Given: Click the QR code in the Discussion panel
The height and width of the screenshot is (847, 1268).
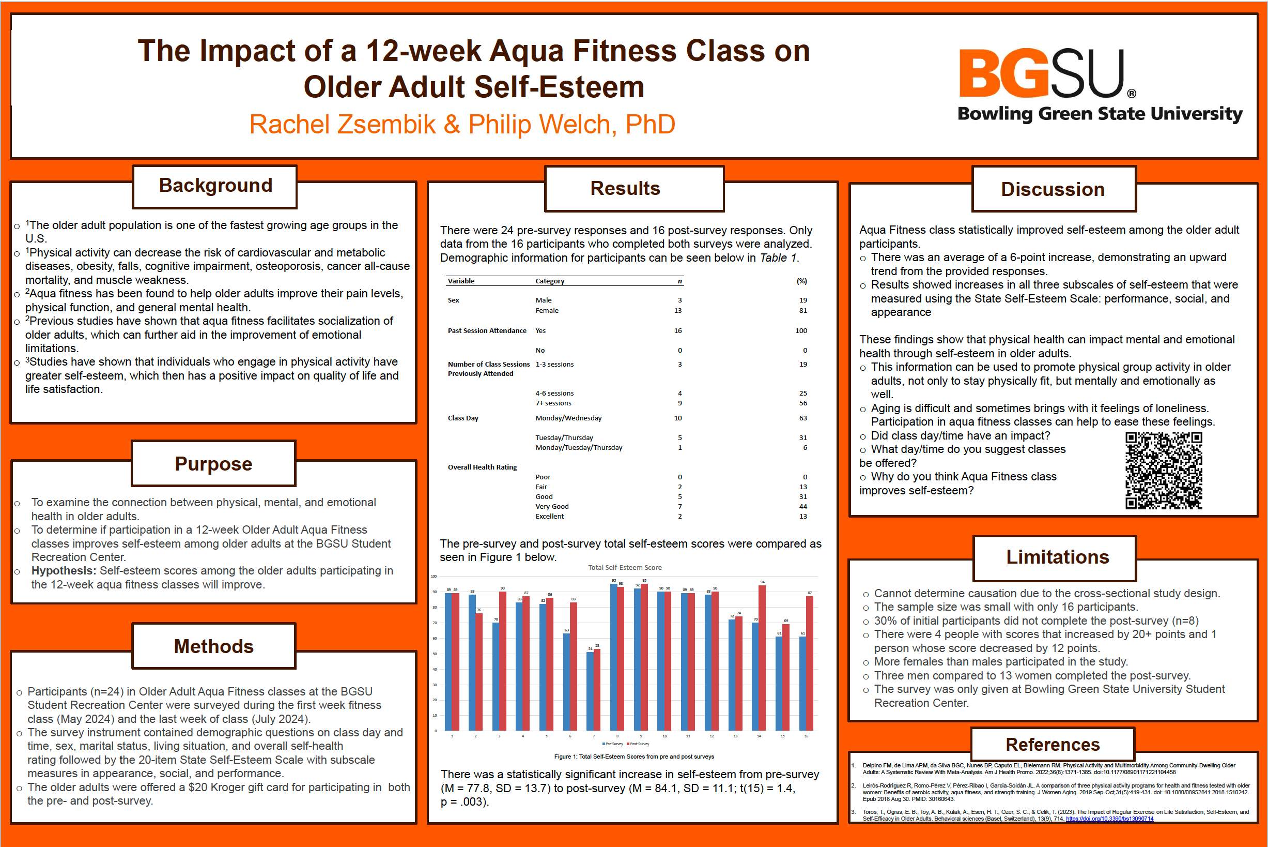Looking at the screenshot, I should point(1163,471).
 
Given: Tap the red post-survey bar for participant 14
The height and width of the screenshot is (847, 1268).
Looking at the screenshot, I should point(762,658).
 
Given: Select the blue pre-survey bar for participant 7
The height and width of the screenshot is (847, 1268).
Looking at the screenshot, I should point(590,691).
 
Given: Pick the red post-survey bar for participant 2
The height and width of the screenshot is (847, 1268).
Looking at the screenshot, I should point(479,671).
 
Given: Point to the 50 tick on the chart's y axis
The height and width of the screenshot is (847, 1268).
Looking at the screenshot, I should point(435,654).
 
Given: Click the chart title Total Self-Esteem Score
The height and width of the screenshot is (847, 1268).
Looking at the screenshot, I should point(625,567).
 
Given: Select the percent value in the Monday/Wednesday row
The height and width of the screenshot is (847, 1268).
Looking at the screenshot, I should point(802,418).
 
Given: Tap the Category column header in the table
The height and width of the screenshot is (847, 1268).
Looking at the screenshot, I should point(550,281).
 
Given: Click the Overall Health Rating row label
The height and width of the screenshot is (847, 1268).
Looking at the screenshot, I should point(482,467).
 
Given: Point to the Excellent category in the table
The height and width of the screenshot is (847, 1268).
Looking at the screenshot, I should point(550,517).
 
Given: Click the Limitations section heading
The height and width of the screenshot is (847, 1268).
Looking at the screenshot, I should point(1057,557).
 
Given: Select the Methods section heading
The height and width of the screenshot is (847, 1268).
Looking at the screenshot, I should point(214,646).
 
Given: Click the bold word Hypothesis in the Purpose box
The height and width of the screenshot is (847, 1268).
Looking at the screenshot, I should point(63,571).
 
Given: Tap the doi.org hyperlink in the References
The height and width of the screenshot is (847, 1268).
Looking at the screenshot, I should point(1109,819).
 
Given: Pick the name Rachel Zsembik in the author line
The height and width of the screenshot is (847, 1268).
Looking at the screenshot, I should point(342,125).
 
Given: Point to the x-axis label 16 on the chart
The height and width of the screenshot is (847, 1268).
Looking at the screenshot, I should point(806,736).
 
